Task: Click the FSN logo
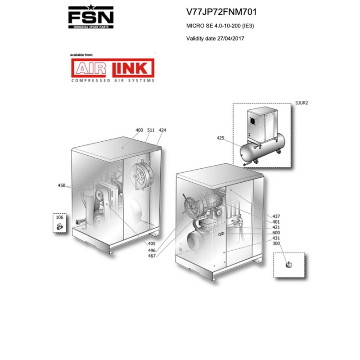(90, 17)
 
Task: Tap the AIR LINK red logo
(112, 68)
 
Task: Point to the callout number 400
(139, 130)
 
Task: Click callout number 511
(151, 130)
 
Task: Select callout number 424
(162, 130)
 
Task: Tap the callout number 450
(62, 185)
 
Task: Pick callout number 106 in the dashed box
(59, 217)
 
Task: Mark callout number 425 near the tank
(220, 138)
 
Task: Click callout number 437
(276, 216)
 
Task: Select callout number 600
(276, 233)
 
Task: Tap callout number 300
(276, 243)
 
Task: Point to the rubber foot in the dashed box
(287, 265)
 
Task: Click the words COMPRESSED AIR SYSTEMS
(112, 81)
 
